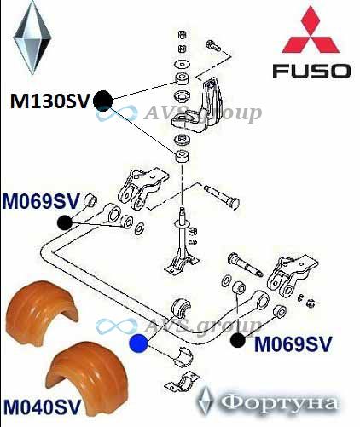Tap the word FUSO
(x=311, y=71)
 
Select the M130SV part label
(x=49, y=101)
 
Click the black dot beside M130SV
(x=103, y=101)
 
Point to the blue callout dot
(x=138, y=343)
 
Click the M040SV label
(x=42, y=407)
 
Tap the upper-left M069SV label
(x=41, y=201)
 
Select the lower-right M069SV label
(x=293, y=344)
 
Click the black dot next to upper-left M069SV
(x=65, y=222)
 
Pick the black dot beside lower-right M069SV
(x=238, y=340)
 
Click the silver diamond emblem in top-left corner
(x=32, y=38)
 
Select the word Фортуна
(x=280, y=404)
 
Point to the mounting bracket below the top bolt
(x=197, y=107)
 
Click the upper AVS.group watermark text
(x=202, y=114)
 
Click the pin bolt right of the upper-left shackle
(x=222, y=196)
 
